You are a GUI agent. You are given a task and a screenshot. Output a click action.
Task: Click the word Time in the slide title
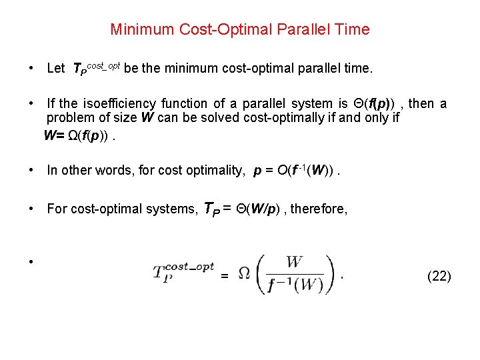354,29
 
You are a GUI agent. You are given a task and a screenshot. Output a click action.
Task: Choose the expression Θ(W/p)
273,209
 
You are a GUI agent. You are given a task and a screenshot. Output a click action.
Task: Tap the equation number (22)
439,276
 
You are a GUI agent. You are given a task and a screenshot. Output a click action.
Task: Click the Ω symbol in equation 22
244,274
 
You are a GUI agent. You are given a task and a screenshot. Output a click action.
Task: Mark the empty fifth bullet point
31,261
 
